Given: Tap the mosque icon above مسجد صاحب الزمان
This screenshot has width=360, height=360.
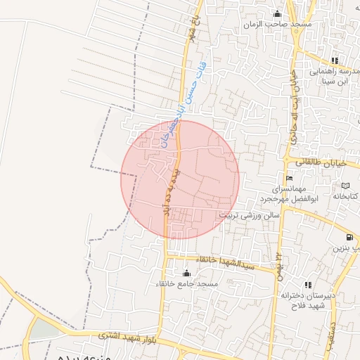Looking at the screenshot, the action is [x=277, y=13].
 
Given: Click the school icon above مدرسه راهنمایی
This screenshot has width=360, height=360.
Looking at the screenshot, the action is [x=335, y=60].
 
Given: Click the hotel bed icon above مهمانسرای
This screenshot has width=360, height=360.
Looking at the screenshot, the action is [x=288, y=178].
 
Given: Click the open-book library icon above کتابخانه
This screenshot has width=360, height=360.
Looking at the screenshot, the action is [x=345, y=185].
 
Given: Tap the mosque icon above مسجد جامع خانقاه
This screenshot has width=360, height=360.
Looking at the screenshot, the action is [x=186, y=272].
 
